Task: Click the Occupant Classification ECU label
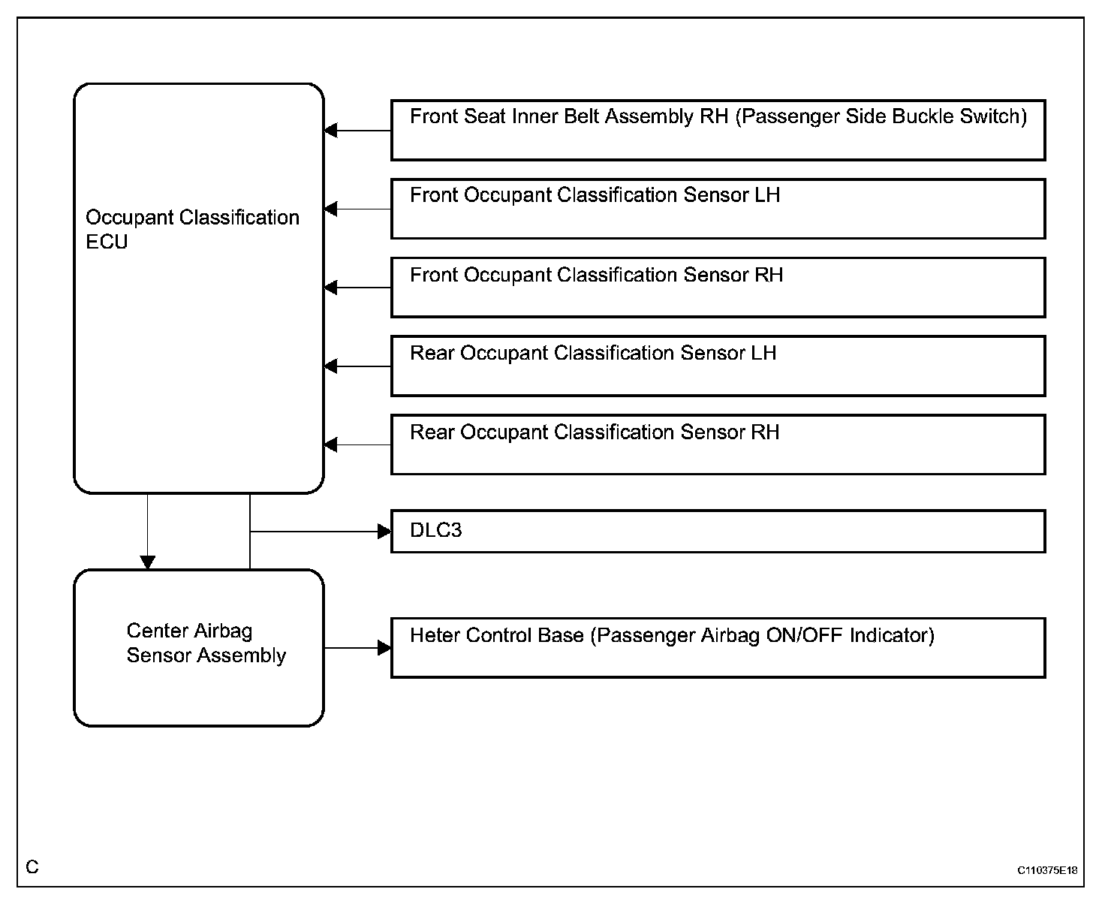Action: point(192,229)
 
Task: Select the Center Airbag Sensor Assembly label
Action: point(206,643)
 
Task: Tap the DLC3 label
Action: point(436,530)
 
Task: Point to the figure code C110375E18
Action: point(1047,870)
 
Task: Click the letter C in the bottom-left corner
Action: point(32,867)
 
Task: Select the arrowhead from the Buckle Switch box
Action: point(331,131)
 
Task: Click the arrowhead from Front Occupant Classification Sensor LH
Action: point(331,209)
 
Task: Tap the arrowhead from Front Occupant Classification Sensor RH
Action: point(331,288)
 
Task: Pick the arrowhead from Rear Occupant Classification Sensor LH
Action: point(331,366)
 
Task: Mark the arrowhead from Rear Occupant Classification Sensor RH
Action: point(331,445)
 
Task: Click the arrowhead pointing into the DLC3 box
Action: point(384,532)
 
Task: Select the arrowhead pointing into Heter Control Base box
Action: point(384,648)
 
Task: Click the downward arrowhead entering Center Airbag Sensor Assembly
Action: point(148,562)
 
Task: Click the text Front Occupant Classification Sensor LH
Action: point(595,195)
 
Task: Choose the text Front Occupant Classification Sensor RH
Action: point(597,275)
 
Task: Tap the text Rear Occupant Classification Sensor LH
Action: point(593,354)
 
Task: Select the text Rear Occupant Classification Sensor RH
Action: point(595,432)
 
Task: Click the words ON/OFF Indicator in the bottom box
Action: point(851,636)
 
